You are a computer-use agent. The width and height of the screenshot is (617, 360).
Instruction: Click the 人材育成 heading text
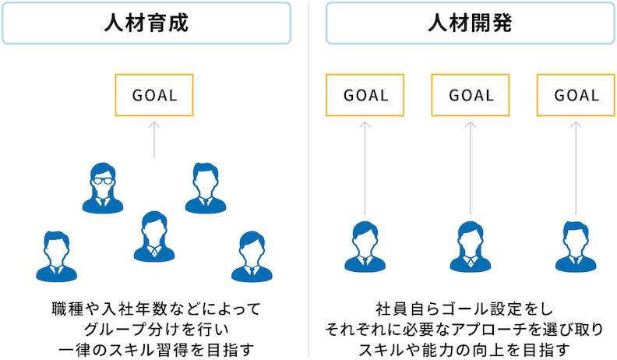(x=146, y=23)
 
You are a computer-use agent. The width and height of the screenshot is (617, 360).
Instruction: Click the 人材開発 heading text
(x=471, y=23)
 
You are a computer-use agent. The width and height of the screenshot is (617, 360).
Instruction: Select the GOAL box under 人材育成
(x=154, y=95)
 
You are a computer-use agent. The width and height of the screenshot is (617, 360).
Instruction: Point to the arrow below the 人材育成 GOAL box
(x=154, y=139)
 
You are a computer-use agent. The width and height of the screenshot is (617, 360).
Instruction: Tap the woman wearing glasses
(x=103, y=188)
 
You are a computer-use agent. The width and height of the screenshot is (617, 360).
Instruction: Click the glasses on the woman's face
(x=103, y=181)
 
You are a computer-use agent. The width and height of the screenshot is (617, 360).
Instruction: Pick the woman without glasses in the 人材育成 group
(x=154, y=237)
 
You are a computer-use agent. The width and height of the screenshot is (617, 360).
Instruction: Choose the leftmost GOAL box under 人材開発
(x=365, y=95)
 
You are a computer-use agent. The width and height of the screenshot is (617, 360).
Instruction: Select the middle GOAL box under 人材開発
(x=471, y=95)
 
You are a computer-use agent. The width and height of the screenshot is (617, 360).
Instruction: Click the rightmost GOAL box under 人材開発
(x=576, y=95)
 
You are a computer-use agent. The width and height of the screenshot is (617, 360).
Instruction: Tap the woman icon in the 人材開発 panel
(x=471, y=247)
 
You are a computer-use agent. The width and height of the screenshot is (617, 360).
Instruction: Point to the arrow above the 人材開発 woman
(x=471, y=168)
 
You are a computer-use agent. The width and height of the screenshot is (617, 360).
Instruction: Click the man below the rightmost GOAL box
(x=576, y=247)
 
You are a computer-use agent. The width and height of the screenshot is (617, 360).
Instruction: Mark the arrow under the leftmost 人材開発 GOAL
(x=365, y=168)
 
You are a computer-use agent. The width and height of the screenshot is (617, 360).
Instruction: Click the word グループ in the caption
(x=117, y=330)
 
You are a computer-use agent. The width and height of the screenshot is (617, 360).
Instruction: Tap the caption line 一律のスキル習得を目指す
(x=157, y=350)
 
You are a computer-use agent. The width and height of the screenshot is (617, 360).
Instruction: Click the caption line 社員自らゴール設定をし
(x=464, y=309)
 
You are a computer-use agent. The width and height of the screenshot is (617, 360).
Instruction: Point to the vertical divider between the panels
(x=308, y=180)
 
